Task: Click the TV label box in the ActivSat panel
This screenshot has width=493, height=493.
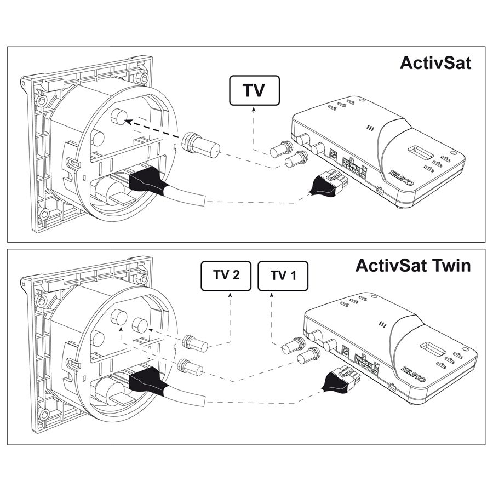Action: pos(254,91)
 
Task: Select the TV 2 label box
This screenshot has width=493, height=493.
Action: pos(225,276)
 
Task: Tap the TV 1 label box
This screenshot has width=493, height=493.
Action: pos(282,276)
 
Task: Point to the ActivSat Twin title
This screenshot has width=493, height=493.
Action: pos(412,266)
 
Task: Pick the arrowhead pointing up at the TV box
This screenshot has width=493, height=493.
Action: pos(254,110)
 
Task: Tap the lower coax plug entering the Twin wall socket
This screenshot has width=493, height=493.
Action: pos(190,366)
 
